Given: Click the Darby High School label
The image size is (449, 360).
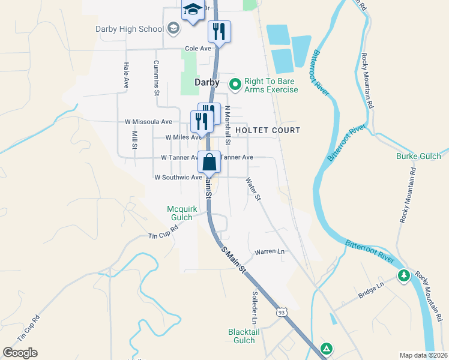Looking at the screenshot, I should (x=130, y=29).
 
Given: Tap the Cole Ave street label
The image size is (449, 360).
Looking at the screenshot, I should (x=198, y=49).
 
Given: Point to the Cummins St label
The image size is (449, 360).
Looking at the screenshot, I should (x=156, y=78).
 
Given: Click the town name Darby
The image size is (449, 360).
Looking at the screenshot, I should (x=206, y=82).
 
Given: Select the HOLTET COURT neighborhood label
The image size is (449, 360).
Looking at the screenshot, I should (x=267, y=130).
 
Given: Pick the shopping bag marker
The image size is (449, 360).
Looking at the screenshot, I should (x=209, y=162).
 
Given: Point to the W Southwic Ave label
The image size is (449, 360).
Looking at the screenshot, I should (x=178, y=178).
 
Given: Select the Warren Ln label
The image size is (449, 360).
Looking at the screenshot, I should (x=270, y=252).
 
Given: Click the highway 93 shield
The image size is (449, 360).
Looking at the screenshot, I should (x=281, y=312).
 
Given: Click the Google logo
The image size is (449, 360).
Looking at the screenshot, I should (x=20, y=353).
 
